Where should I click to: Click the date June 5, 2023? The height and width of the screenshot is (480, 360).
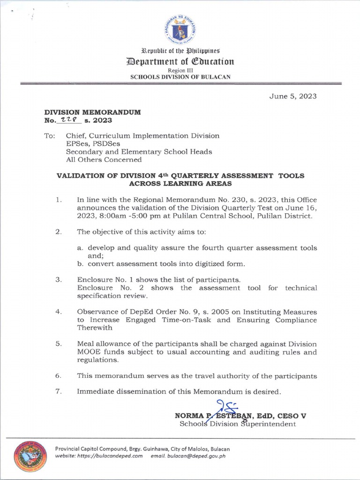click(x=293, y=96)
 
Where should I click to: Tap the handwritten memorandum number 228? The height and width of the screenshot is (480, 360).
click(x=69, y=120)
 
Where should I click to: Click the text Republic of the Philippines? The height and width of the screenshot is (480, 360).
click(x=180, y=51)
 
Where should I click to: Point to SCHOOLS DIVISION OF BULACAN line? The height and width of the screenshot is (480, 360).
click(x=180, y=77)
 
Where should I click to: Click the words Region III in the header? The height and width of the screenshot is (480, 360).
click(x=180, y=69)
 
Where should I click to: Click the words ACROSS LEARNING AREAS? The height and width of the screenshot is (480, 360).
click(x=180, y=184)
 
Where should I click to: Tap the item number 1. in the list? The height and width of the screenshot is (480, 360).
click(x=59, y=200)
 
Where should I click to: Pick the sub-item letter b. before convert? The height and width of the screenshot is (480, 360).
click(x=80, y=263)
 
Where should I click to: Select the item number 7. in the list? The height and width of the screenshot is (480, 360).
click(x=59, y=391)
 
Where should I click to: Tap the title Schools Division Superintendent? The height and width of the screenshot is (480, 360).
click(x=238, y=424)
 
